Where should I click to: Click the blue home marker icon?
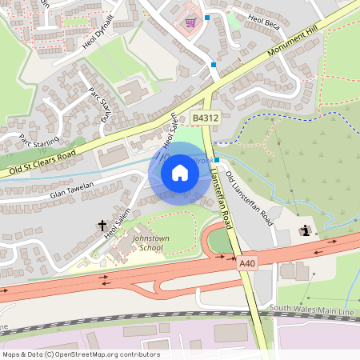point(180,172)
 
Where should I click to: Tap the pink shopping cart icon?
point(190,22)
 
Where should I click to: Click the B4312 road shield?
point(206,118)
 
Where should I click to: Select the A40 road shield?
point(247,262)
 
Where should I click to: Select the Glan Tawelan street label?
point(72,190)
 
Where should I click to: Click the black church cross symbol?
point(102,227)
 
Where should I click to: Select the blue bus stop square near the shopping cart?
point(206,17)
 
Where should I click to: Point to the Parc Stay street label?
point(99,102)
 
